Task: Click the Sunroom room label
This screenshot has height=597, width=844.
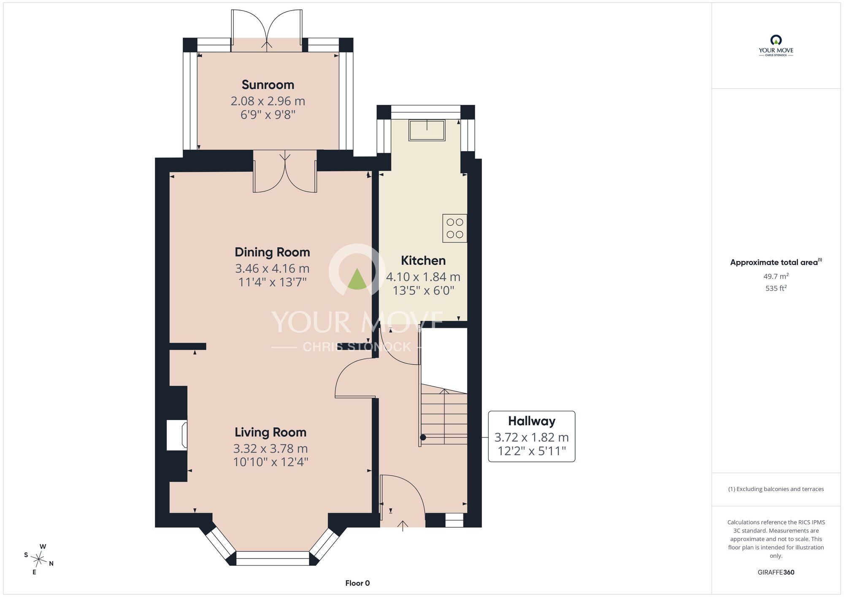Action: pyautogui.click(x=268, y=85)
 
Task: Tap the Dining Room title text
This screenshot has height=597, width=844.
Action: pyautogui.click(x=272, y=252)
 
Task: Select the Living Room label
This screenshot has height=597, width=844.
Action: pyautogui.click(x=271, y=432)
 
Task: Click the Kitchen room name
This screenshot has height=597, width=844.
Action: pyautogui.click(x=423, y=261)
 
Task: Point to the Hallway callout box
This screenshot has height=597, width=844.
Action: pyautogui.click(x=532, y=436)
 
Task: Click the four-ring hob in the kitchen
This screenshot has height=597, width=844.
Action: pyautogui.click(x=455, y=228)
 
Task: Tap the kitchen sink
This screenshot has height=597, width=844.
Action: pyautogui.click(x=427, y=130)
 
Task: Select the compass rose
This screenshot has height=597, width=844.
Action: pyautogui.click(x=39, y=560)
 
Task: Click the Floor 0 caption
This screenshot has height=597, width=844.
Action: pyautogui.click(x=357, y=583)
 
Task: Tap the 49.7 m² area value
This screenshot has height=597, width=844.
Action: pyautogui.click(x=776, y=276)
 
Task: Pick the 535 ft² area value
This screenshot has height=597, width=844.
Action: pyautogui.click(x=776, y=288)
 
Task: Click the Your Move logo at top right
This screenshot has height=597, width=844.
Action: pyautogui.click(x=776, y=46)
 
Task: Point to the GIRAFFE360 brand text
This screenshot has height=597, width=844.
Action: pyautogui.click(x=776, y=573)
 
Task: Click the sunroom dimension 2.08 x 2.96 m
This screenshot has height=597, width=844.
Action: pyautogui.click(x=268, y=101)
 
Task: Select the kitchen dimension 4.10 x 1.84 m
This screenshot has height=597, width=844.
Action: pyautogui.click(x=423, y=277)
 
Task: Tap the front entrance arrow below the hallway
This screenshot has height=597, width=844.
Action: pyautogui.click(x=403, y=526)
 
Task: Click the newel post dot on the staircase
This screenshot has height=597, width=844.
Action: pyautogui.click(x=423, y=437)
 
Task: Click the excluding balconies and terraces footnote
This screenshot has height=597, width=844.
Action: pyautogui.click(x=776, y=489)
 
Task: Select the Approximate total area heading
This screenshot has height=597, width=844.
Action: pyautogui.click(x=776, y=262)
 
